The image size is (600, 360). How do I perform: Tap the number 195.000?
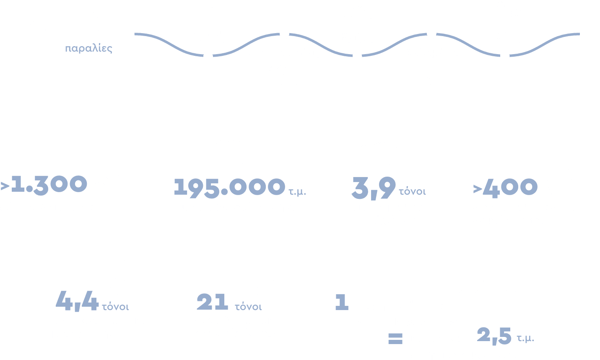click(x=229, y=187)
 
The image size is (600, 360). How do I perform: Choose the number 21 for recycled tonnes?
click(x=212, y=301)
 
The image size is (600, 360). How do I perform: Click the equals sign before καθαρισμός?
click(x=395, y=339)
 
